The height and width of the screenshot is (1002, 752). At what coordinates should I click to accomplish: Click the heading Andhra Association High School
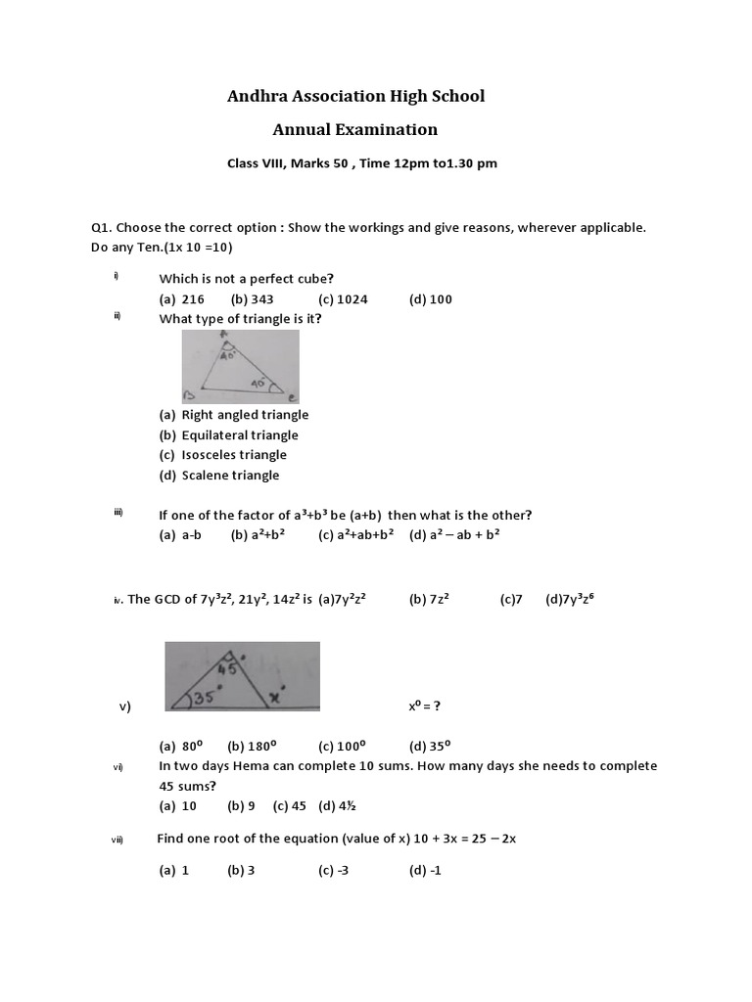[x=355, y=96]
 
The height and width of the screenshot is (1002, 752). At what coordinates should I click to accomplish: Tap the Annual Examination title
[x=354, y=129]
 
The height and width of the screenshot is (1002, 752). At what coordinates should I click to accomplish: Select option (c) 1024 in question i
[x=343, y=299]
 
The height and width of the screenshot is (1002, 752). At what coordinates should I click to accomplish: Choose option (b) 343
[x=253, y=299]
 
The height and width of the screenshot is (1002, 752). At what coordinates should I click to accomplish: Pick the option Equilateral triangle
[x=239, y=435]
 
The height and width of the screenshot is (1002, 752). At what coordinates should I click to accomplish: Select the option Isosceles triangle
[x=234, y=455]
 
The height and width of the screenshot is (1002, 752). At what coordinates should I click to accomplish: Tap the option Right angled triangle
[x=244, y=415]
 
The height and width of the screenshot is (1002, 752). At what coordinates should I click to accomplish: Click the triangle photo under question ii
[x=240, y=366]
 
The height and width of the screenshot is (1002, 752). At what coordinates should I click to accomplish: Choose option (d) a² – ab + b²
[x=455, y=535]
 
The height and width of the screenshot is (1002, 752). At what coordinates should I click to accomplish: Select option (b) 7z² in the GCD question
[x=429, y=599]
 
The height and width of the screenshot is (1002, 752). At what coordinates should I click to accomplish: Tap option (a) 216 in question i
[x=182, y=299]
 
